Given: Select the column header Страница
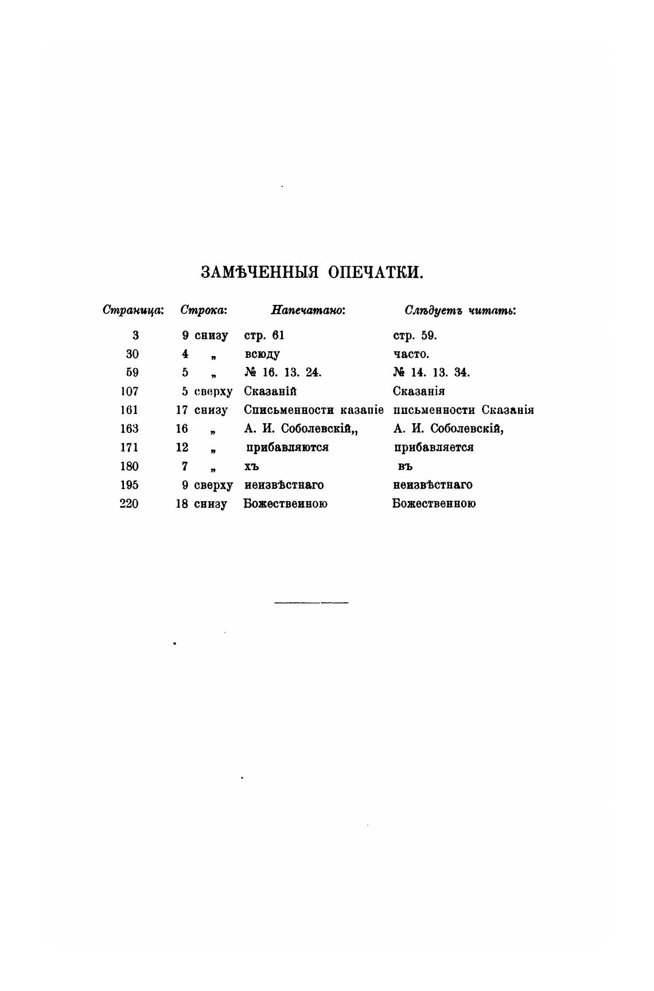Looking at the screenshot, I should pos(133,311).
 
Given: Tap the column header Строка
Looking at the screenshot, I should pos(204,311).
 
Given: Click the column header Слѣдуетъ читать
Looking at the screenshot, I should pos(461,311).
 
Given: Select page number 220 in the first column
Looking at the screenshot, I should pos(129,504).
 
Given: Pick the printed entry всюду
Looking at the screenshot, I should pos(262,354).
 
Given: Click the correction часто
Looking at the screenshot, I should pos(411,354).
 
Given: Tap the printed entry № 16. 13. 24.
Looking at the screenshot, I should pos(283,373).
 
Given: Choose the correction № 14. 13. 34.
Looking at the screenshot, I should pos(431,373).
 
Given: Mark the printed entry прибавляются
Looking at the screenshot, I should pos(287,448).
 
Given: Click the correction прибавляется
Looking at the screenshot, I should pos(434,448).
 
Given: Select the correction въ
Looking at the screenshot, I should pos(405,467).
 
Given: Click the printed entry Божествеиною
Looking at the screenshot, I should pos(286,504).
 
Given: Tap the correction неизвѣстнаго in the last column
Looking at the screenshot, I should pos(433,485).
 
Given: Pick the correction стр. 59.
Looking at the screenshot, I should pos(415,336).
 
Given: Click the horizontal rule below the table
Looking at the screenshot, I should pos(312,603).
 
